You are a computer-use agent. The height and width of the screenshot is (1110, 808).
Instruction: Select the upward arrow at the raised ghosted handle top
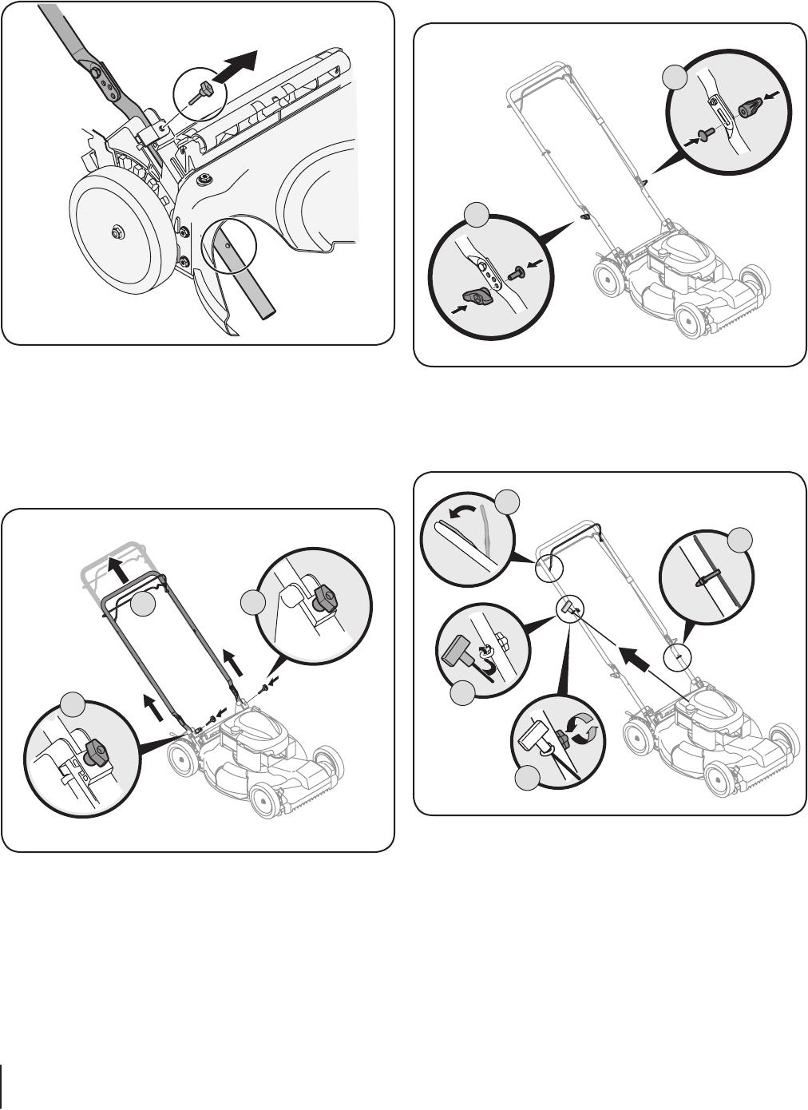tap(119, 570)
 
